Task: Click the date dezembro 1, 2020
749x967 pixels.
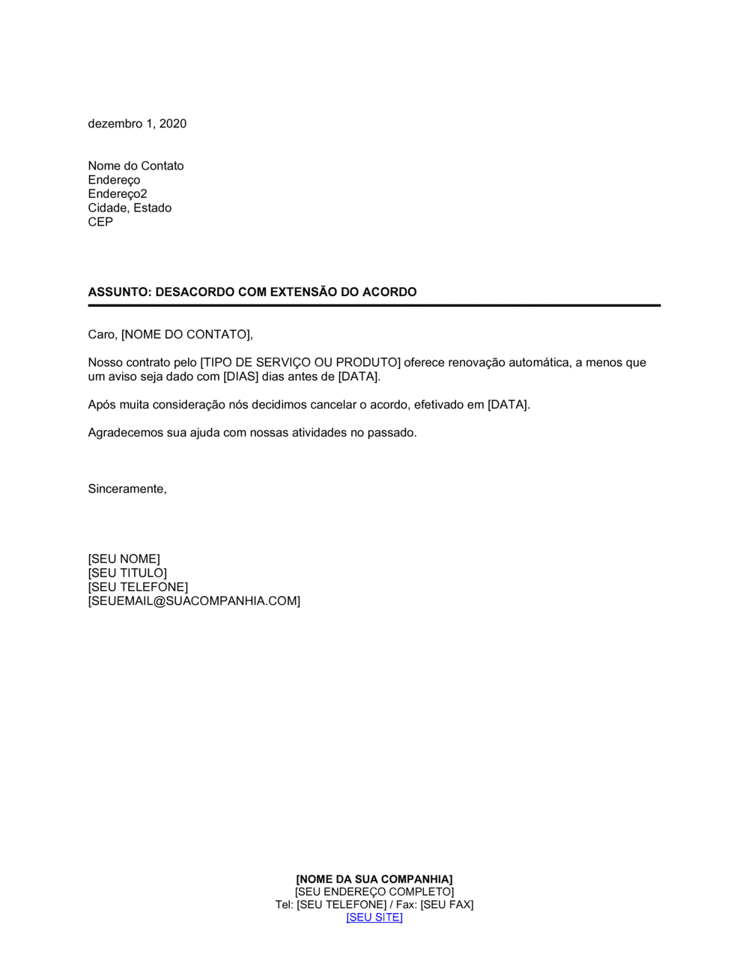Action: (137, 124)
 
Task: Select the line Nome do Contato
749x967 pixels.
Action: (136, 166)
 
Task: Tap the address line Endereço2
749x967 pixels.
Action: (118, 194)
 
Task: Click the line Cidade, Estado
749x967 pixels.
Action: (130, 208)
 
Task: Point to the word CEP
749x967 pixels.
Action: (100, 222)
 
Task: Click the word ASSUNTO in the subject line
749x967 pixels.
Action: (119, 292)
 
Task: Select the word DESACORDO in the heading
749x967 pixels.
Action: (195, 292)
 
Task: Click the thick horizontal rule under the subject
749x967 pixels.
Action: (374, 306)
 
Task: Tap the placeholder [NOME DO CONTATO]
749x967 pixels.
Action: (186, 334)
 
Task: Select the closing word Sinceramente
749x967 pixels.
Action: (126, 489)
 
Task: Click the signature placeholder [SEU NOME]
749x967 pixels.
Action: (124, 559)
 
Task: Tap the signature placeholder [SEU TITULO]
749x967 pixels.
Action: (127, 573)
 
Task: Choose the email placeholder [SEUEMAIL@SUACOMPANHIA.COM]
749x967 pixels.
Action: (194, 601)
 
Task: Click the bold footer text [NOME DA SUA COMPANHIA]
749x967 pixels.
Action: (374, 879)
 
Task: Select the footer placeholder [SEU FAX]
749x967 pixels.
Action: (446, 905)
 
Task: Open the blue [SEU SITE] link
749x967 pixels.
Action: (374, 918)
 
